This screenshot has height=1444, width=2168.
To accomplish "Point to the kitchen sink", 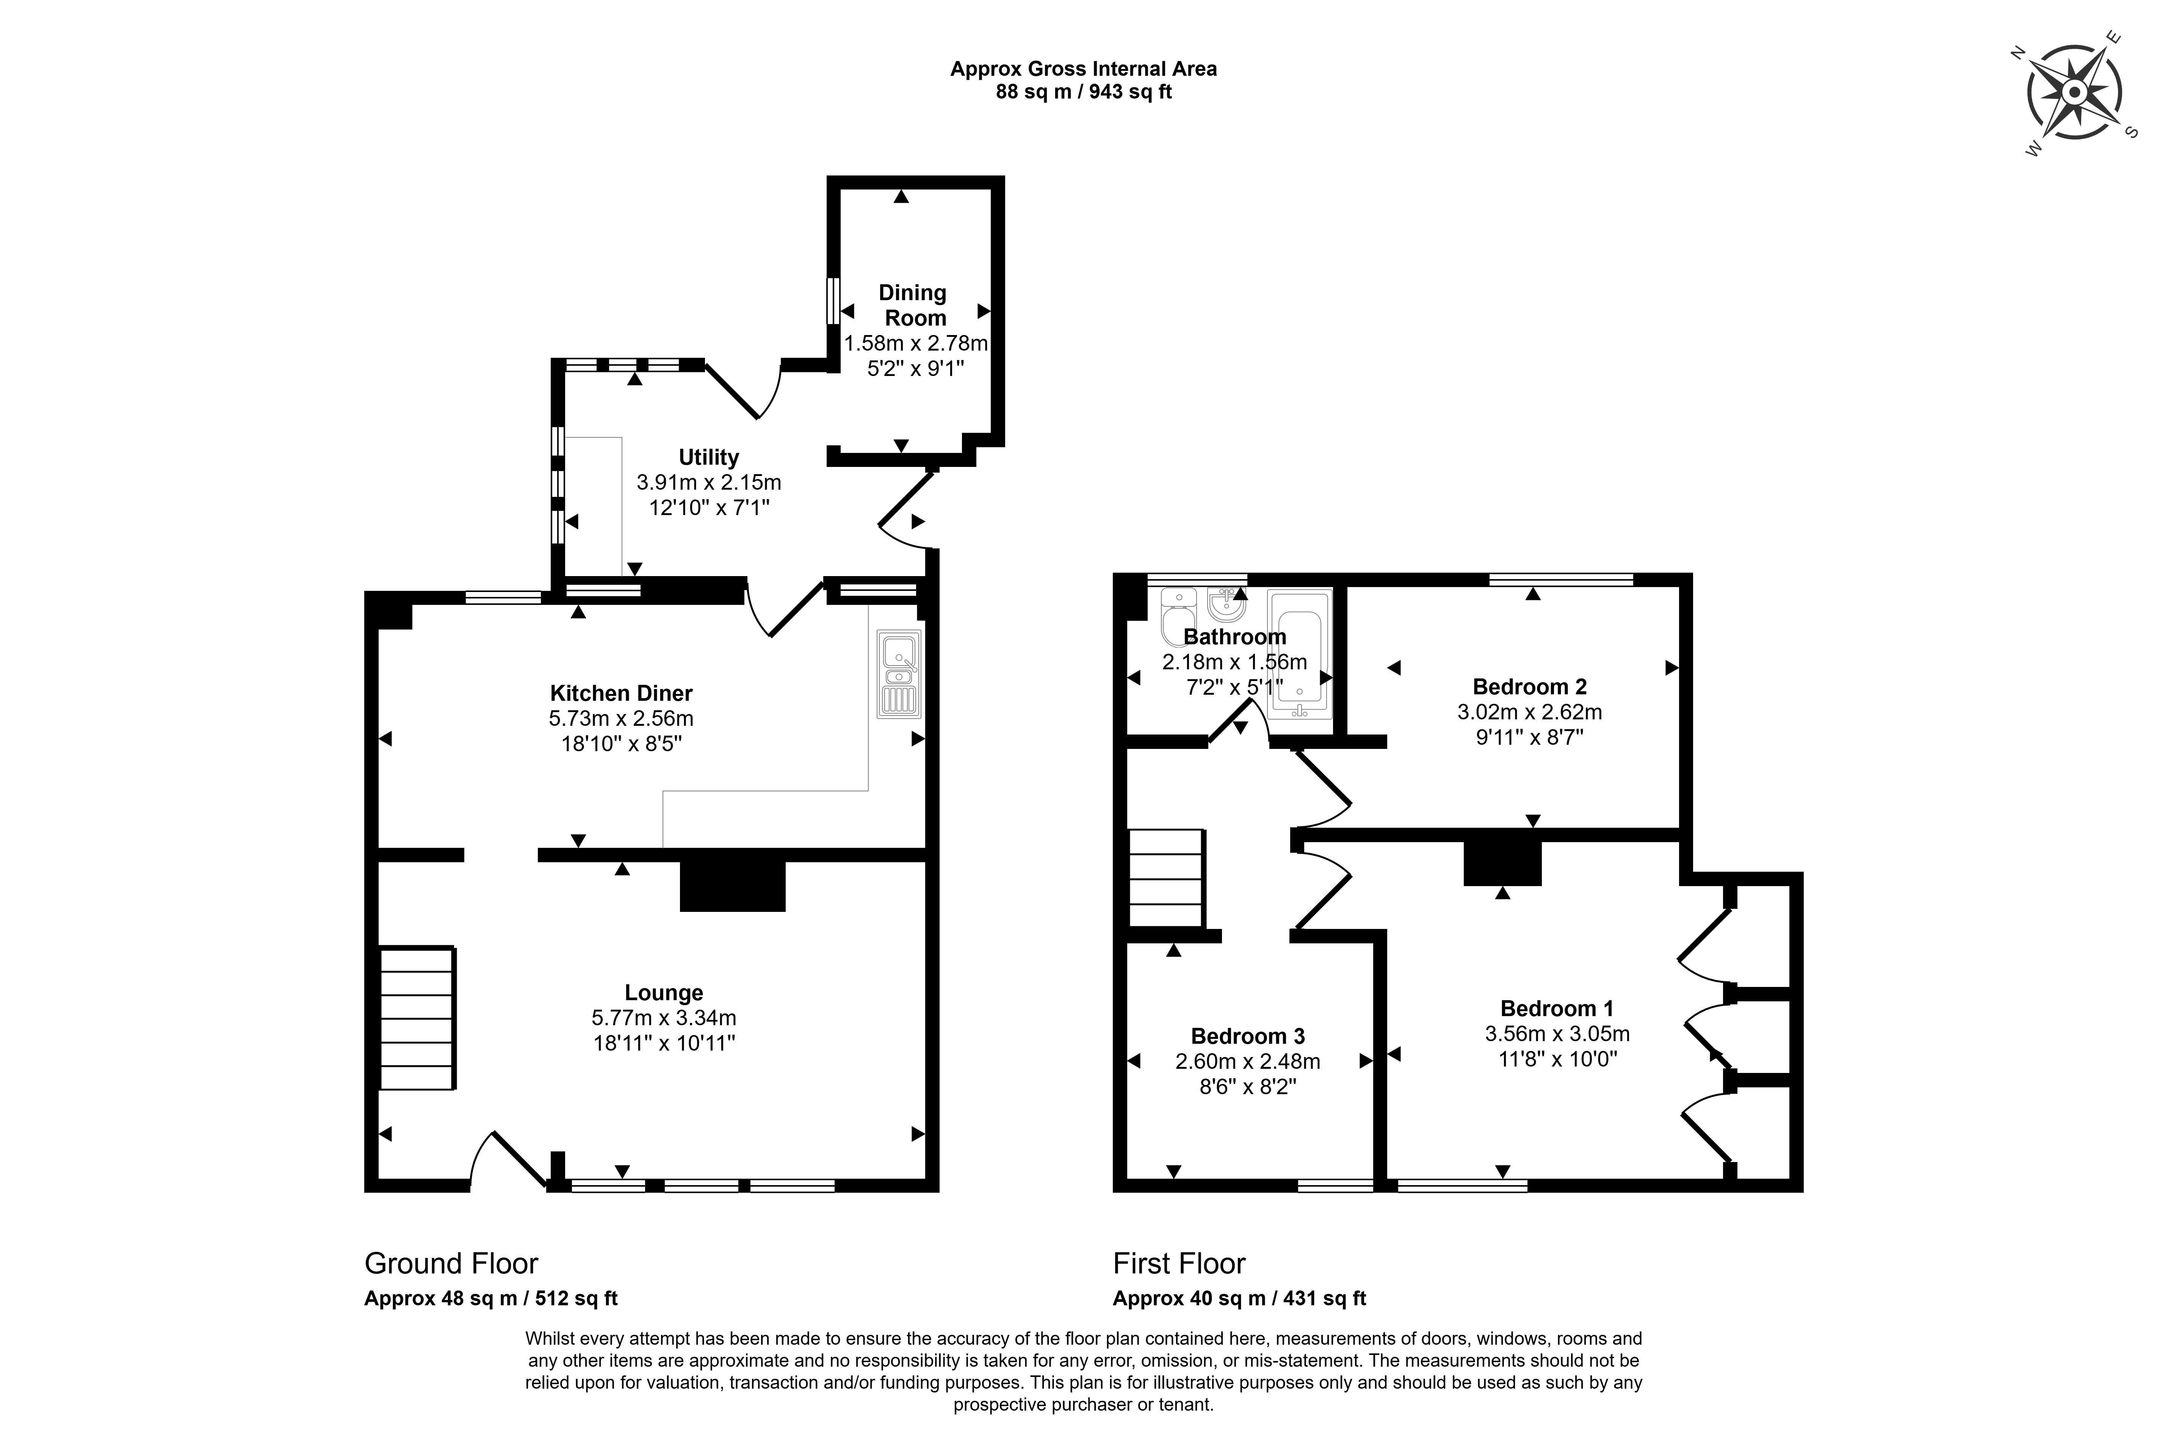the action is click(898, 673).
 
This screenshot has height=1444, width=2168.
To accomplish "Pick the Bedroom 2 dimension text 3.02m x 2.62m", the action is click(1529, 712).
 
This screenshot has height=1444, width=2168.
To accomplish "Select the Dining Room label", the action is click(913, 305).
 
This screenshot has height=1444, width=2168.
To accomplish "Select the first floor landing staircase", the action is click(1166, 878).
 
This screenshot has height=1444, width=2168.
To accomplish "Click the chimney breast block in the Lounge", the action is click(732, 886).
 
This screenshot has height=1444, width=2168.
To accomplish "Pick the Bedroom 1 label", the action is click(1557, 1009).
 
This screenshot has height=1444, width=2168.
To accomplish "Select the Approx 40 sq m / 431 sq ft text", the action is click(1239, 1298).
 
